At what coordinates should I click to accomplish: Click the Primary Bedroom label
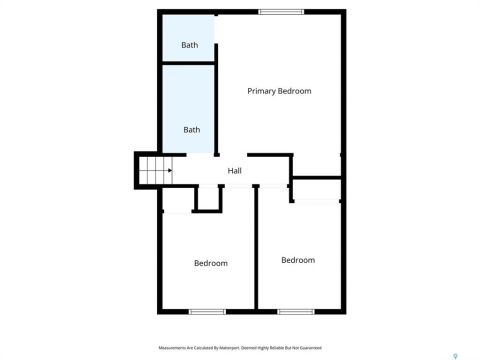point(279,91)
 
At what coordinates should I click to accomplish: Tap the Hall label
point(234,171)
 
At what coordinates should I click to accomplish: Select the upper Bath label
point(189,45)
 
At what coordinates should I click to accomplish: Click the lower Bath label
point(191,130)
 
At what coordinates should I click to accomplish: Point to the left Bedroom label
point(211,263)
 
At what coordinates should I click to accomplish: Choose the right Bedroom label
point(298,260)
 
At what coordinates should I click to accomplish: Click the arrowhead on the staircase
point(170,170)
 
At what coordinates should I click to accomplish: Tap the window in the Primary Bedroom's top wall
point(281,12)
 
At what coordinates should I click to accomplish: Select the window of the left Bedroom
point(207,311)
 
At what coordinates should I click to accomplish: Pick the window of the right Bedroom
point(296,311)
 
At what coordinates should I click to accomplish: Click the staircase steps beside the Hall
point(156,170)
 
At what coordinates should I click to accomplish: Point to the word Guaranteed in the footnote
point(310,348)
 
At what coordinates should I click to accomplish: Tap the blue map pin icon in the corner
point(455,356)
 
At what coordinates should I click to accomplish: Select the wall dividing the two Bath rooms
point(188,63)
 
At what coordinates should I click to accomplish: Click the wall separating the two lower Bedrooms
point(256,247)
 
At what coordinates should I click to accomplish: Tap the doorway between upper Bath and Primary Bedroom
point(216,29)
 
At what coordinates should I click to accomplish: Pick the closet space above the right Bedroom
point(317,189)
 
